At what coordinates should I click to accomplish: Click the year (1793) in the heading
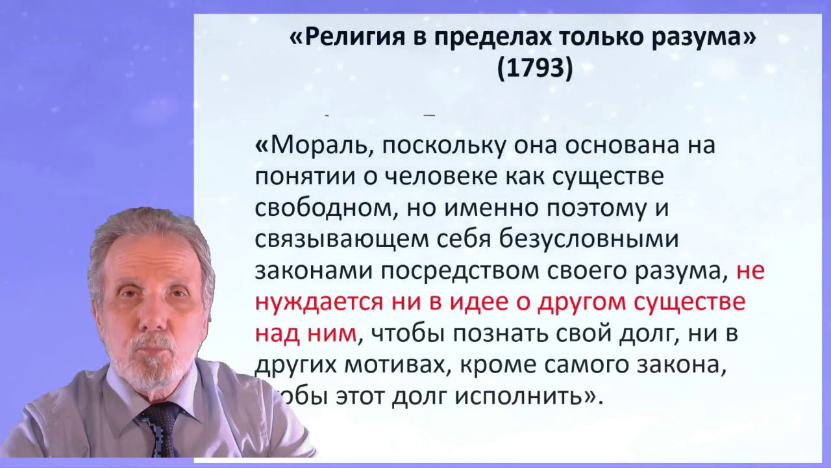534,68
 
